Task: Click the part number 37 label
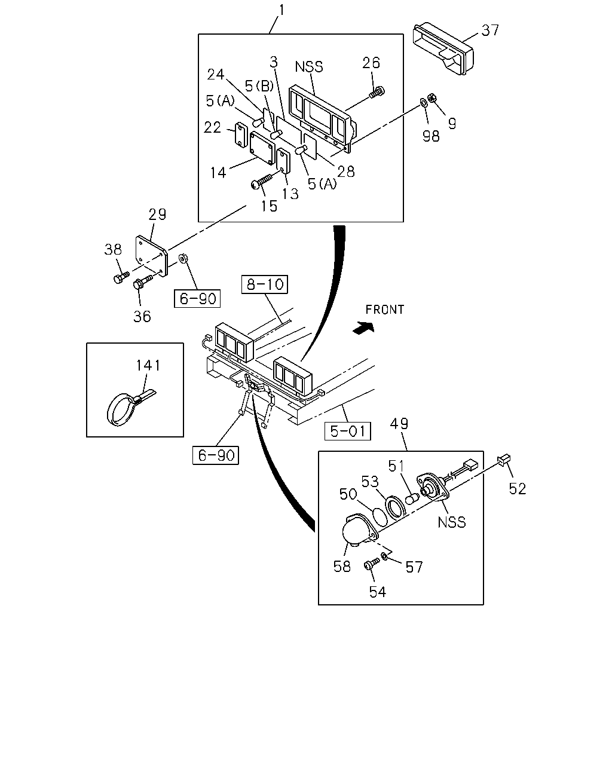490,30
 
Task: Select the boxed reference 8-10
265,284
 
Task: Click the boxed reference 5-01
348,431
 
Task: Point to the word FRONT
385,310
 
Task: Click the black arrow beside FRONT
363,328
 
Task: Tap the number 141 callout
148,365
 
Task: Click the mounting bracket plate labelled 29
151,256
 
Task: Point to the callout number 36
142,316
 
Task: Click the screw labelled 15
261,180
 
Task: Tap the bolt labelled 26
377,93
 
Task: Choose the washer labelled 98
424,103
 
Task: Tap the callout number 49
399,423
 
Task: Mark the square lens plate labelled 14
262,148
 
